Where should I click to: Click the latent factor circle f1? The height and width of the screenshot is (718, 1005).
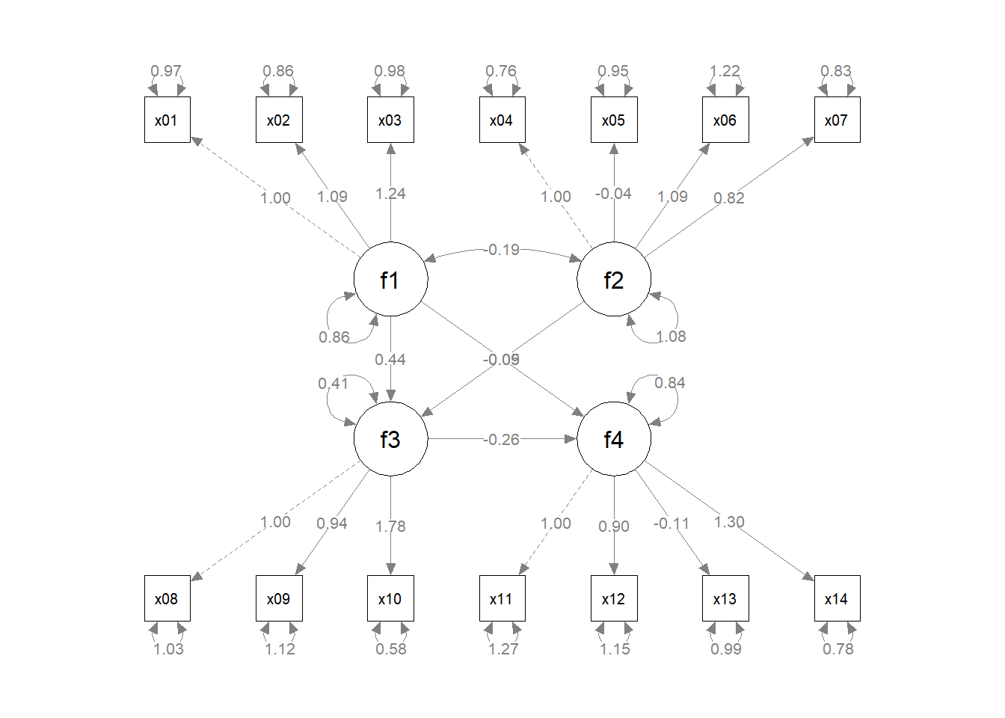coord(390,280)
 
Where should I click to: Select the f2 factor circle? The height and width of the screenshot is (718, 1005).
coord(613,280)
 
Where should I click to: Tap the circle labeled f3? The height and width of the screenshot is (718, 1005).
coord(390,439)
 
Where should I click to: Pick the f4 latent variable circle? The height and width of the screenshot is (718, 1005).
coord(613,439)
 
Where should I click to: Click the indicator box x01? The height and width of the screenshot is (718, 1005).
coord(167,120)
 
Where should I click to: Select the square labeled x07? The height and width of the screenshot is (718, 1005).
coord(837,120)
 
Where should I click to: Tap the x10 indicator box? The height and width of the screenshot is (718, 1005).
coord(390,598)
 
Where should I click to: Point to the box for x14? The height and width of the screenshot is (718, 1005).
coord(837,598)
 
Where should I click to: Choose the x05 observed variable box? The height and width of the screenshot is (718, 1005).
coord(613,120)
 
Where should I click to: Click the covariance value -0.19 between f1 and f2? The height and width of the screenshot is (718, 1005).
coord(502,250)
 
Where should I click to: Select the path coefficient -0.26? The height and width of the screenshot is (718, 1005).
coord(501,440)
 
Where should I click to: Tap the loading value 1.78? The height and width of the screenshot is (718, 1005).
coord(390,527)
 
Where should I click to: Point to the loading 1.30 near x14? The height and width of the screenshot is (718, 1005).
coord(729,522)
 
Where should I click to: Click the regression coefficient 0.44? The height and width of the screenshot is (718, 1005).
coord(390,360)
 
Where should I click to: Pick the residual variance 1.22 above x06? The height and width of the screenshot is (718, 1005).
coord(725,71)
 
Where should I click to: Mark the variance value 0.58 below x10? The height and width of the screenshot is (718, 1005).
coord(391,649)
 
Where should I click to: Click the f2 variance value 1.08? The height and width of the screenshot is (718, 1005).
coord(671,337)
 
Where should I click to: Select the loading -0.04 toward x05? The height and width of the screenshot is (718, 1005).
coord(613,194)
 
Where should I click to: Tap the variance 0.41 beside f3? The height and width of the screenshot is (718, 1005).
coord(333,384)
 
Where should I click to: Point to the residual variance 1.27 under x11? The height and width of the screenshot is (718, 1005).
coord(503,649)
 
